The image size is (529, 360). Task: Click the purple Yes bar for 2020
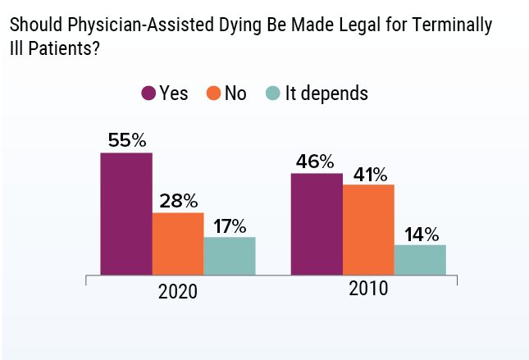126,213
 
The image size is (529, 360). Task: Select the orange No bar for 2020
178,244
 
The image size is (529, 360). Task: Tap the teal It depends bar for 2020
230,255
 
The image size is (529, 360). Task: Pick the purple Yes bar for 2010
317,224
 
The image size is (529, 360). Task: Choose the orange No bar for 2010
369,230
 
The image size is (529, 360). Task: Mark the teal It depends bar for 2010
420,259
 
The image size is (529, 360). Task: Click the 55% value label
126,139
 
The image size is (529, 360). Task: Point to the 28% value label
178,200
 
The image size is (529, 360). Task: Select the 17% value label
230,225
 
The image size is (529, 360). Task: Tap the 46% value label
317,161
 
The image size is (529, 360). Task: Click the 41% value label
369,172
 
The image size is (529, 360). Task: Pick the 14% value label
420,232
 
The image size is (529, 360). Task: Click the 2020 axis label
178,292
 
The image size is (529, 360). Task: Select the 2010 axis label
368,290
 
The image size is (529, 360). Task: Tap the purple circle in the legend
149,93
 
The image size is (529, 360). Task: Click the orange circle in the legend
214,93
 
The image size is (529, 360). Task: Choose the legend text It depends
326,93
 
